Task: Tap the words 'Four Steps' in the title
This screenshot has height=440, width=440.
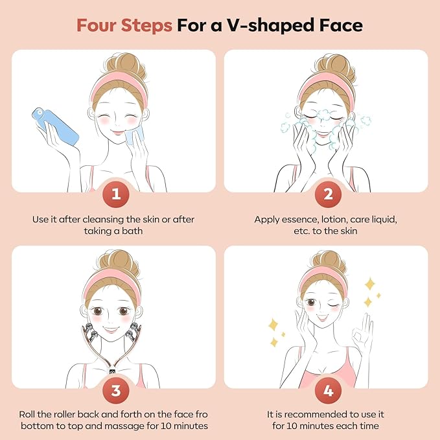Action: coord(124,26)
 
